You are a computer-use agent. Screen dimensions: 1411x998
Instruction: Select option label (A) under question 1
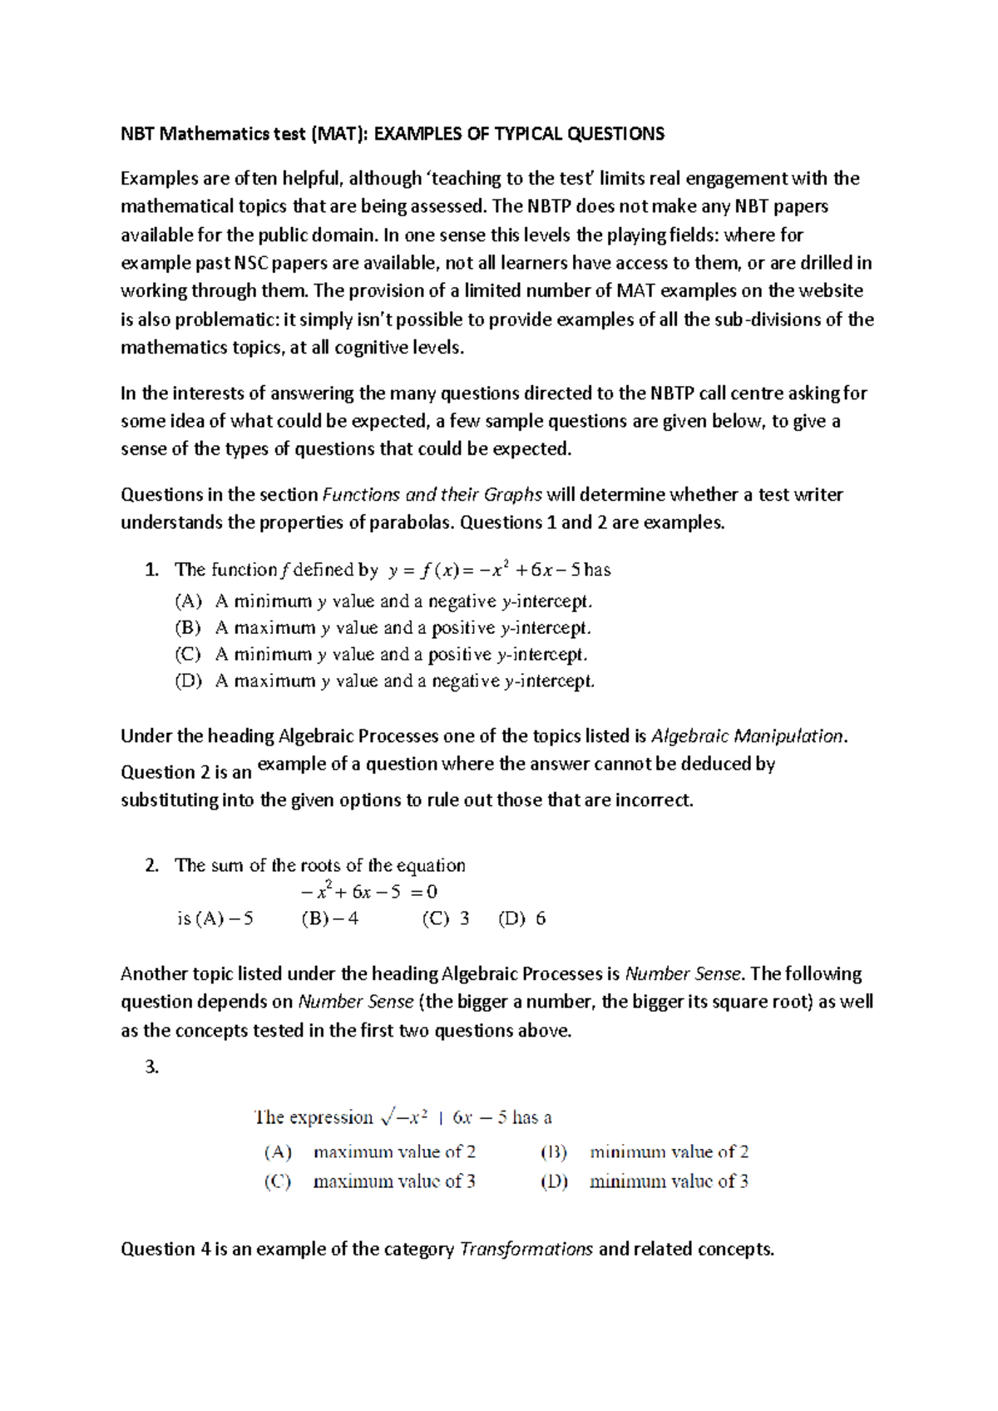[x=188, y=601]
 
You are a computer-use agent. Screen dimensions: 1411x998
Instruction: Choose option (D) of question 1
[x=188, y=681]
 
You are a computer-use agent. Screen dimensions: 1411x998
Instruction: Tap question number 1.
[x=151, y=570]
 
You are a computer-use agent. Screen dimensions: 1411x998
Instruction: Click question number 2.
[x=151, y=865]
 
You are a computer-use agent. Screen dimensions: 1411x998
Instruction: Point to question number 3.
[x=151, y=1067]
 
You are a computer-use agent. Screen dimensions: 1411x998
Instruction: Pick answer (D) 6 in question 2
[x=522, y=918]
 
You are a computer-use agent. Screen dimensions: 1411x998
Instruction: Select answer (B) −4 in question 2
[x=330, y=918]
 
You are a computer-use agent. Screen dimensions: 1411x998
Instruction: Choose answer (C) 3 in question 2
[x=446, y=918]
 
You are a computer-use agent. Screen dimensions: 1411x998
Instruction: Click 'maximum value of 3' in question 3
[x=394, y=1181]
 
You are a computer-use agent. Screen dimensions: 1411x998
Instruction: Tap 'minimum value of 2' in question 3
[x=669, y=1152]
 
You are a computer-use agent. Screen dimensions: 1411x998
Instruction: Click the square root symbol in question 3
[x=387, y=1117]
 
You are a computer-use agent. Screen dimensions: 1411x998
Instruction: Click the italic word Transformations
[x=526, y=1249]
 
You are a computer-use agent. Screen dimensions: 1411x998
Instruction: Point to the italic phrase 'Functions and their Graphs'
[x=432, y=495]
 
